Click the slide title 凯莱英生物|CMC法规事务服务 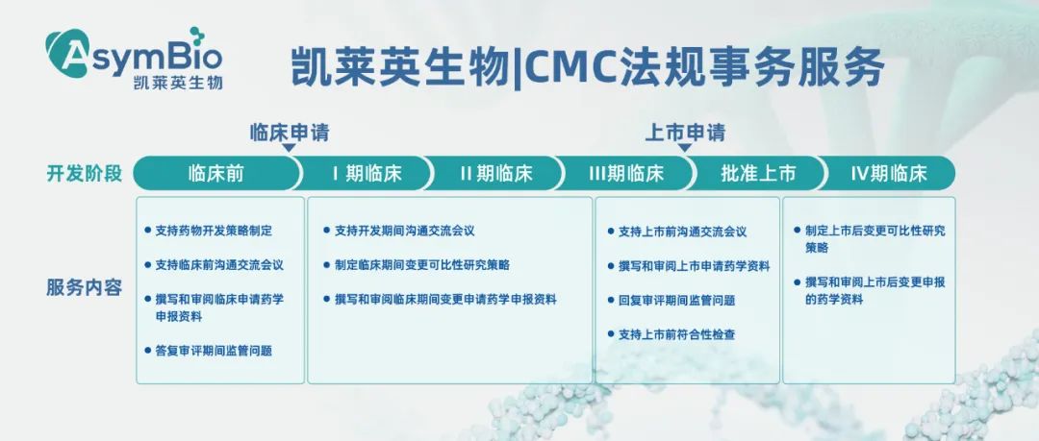pos(587,67)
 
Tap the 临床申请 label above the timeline pos(290,132)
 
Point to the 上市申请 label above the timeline pos(685,132)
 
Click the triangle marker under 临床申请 pos(290,149)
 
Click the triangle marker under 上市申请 pos(685,149)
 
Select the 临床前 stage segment pos(215,174)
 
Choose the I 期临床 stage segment pos(367,174)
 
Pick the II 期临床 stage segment pos(495,174)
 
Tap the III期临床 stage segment pos(626,174)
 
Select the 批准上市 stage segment pos(759,174)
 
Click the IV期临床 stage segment pos(889,174)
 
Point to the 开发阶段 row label pos(85,174)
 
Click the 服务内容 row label pos(85,287)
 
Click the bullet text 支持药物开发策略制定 pos(213,231)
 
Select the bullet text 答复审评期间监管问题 pos(213,351)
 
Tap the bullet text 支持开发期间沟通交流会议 pos(404,231)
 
